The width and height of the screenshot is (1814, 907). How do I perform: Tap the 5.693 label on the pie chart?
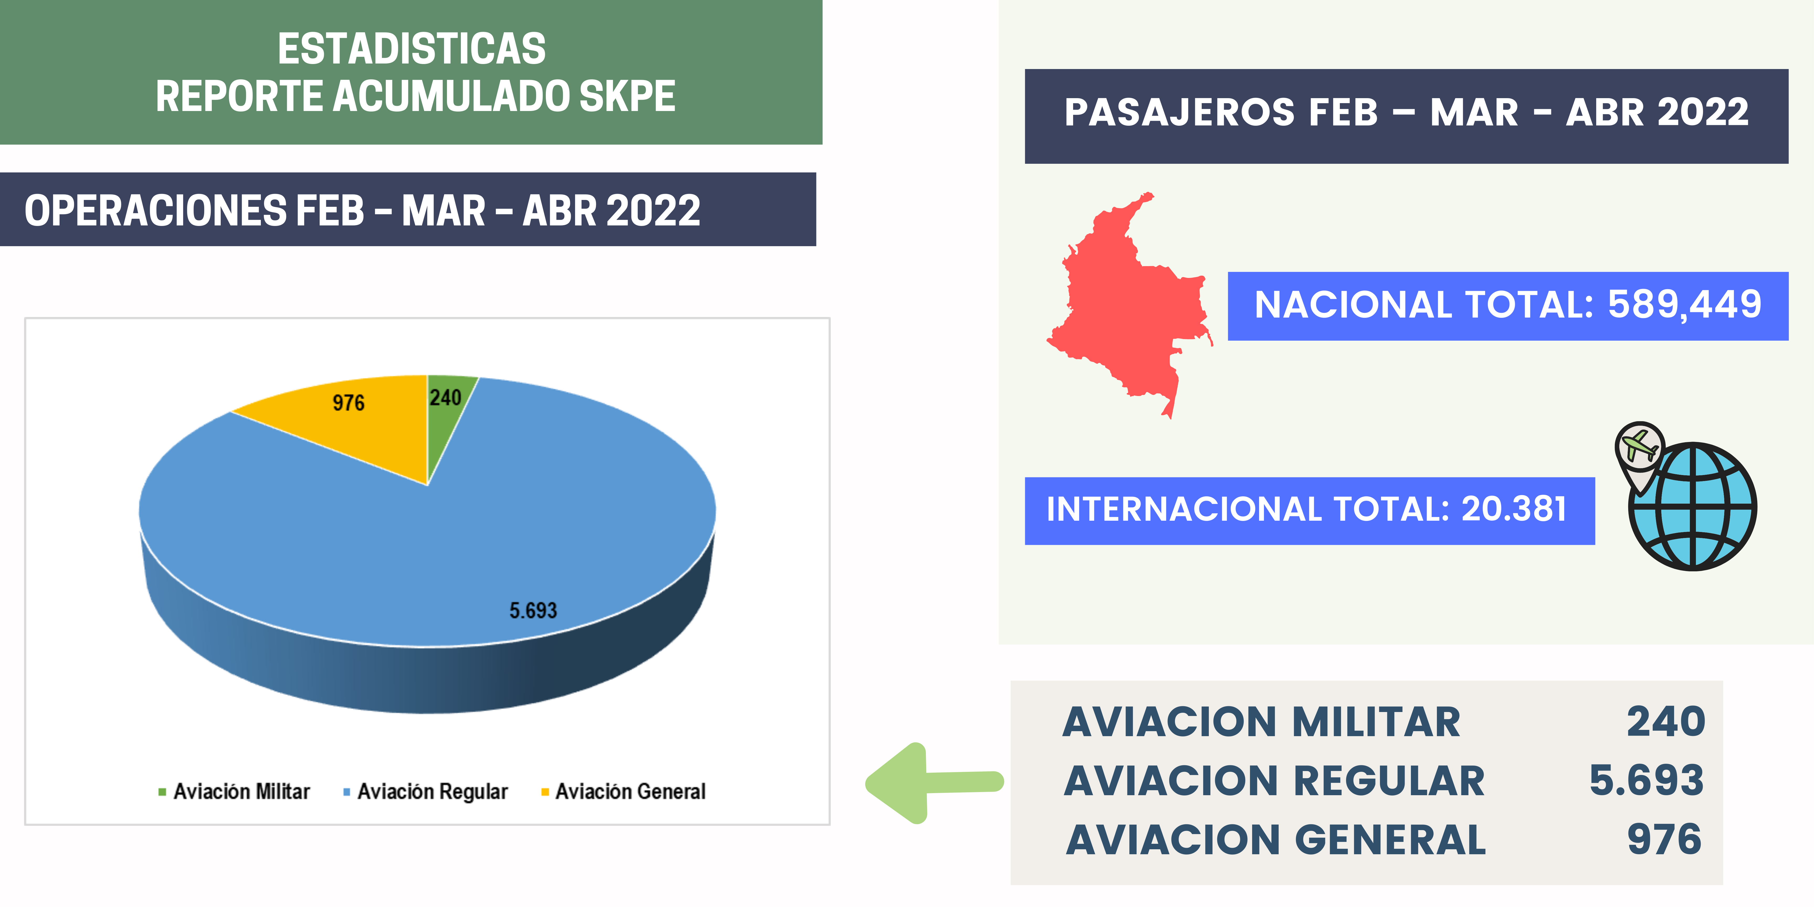[533, 610]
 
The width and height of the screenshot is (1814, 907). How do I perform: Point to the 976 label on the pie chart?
[349, 403]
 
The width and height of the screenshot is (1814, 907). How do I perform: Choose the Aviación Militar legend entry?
[235, 792]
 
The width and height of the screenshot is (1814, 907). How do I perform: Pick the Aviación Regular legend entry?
[425, 792]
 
